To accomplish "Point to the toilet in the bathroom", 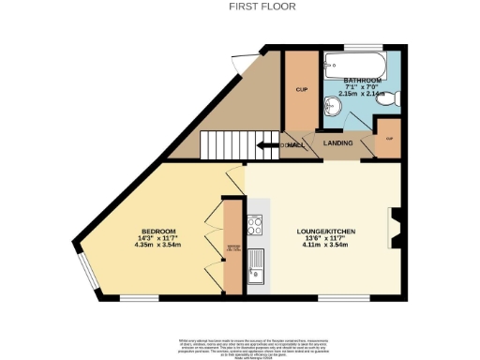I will [x=395, y=97].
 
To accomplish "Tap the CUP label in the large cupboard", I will [x=302, y=90].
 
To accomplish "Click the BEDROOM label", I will [x=158, y=232].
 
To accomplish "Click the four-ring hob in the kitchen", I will [x=255, y=224].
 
